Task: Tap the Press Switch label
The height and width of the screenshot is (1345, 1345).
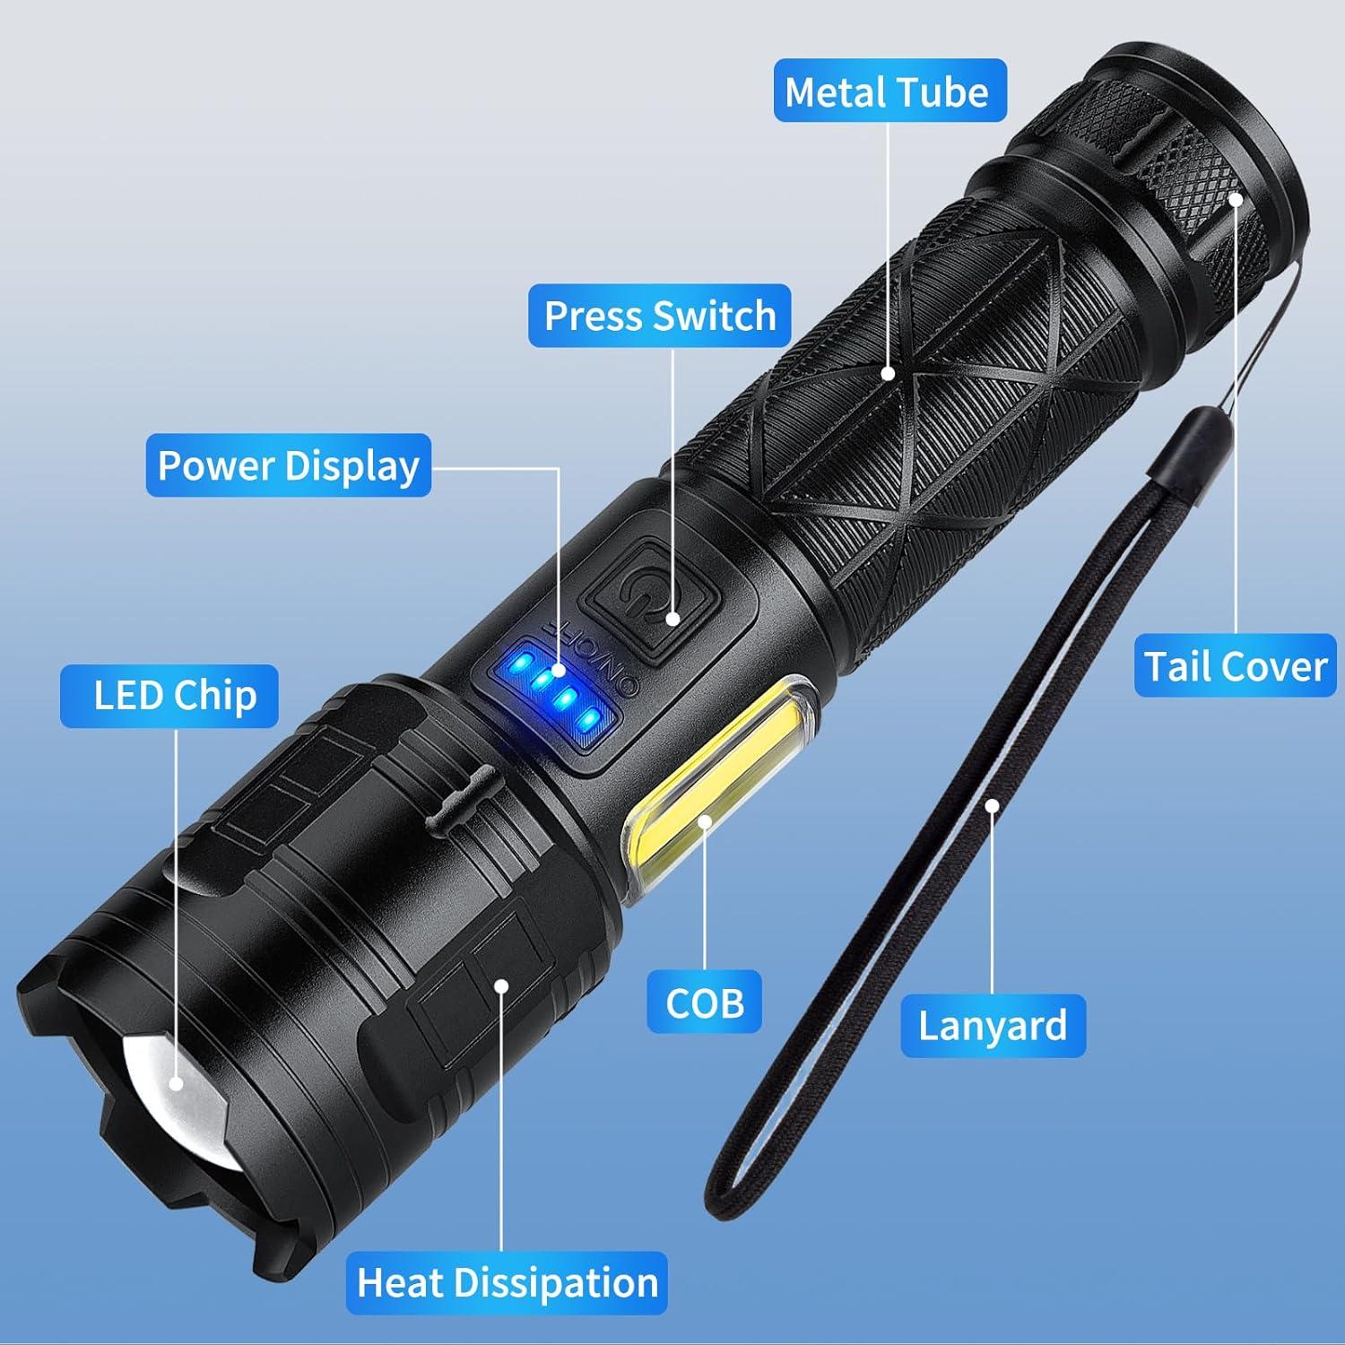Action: pos(660,316)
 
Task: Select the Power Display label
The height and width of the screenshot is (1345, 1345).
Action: pos(289,465)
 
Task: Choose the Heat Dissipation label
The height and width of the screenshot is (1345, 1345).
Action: pos(508,1282)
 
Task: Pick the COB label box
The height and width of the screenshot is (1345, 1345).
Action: pos(705,1002)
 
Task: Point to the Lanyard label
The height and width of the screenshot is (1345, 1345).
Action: pos(993,1025)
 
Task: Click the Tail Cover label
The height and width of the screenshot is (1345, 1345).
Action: pos(1235,666)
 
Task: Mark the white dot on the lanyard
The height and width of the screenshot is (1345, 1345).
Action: pos(992,805)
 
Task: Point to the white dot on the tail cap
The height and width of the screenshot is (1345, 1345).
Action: pos(1236,199)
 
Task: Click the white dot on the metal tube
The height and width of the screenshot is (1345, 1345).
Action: pos(888,374)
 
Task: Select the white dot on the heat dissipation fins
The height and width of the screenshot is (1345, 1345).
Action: pos(501,986)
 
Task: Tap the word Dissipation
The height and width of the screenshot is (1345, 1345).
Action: pos(558,1282)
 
